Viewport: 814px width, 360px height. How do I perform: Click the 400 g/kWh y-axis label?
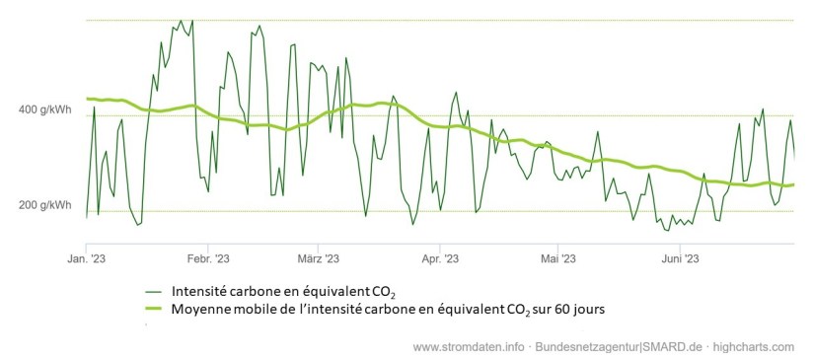(42, 108)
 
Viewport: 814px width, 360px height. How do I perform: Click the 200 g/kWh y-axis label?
(42, 205)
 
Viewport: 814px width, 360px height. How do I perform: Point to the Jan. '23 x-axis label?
(86, 258)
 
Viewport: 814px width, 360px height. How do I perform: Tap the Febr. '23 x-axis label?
(207, 258)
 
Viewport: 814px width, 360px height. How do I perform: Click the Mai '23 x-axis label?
(557, 258)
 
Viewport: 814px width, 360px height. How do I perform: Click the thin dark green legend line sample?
(153, 291)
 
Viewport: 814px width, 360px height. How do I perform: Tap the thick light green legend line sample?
(153, 309)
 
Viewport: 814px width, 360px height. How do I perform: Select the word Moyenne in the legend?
(201, 309)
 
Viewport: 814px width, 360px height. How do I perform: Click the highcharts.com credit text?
(755, 347)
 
